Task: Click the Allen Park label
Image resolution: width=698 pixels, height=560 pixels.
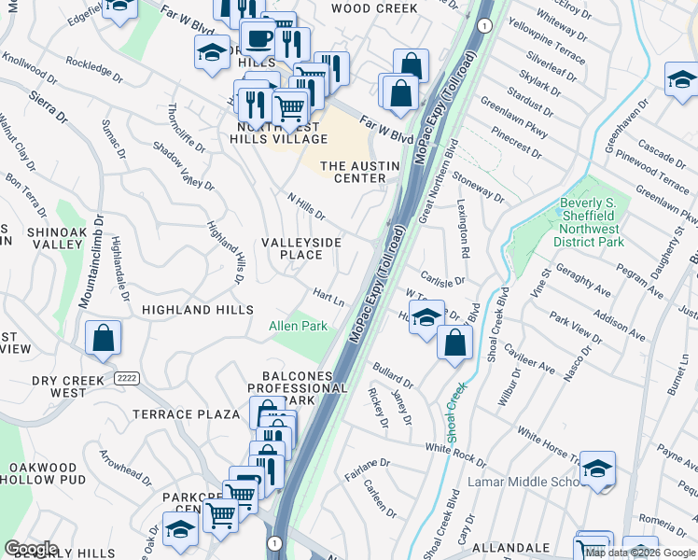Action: pos(298,326)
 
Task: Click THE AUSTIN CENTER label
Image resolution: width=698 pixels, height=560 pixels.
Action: pos(359,172)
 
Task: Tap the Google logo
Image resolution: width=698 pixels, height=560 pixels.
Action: pos(31,549)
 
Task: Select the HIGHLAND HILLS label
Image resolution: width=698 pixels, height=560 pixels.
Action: pos(197,309)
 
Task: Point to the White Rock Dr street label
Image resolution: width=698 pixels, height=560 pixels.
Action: pos(455,454)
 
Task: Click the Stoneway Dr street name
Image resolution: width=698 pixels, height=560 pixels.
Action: pos(477,187)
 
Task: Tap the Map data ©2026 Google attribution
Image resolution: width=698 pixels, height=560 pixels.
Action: pos(640,553)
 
